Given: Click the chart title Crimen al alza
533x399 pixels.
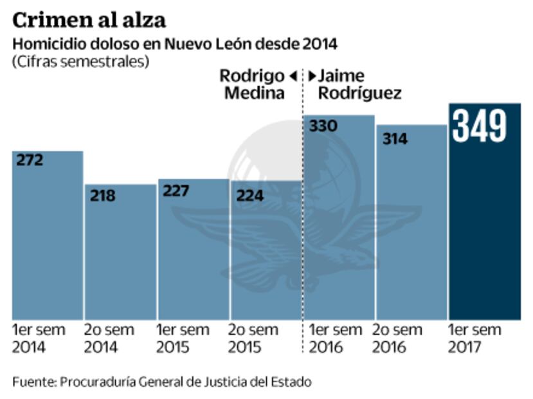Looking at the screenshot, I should click(89, 20).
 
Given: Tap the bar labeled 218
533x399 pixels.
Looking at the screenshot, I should click(120, 257).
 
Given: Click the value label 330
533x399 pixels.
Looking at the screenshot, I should click(323, 126).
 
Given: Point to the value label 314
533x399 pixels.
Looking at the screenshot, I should click(395, 138).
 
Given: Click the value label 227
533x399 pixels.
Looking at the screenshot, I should click(176, 191).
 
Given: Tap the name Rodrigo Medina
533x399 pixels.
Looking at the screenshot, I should click(252, 84).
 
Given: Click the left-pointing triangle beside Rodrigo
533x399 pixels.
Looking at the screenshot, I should click(293, 77).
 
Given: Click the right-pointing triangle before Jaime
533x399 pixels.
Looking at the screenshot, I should click(312, 77).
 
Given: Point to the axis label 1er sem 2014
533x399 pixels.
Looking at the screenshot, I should click(39, 339).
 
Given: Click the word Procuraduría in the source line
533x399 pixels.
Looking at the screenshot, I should click(98, 382).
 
